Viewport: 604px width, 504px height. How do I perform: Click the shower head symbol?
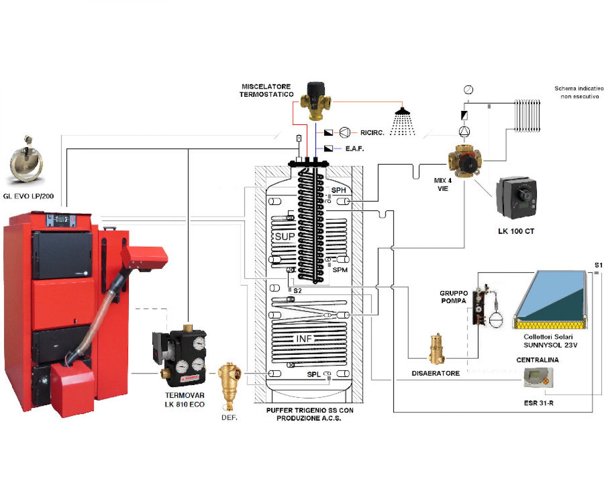pos(402,121)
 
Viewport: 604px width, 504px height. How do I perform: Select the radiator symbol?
pos(527,116)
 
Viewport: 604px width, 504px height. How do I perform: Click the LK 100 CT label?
pos(516,231)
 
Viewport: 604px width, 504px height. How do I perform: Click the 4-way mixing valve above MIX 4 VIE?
pos(465,160)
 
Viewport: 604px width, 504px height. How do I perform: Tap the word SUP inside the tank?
pos(285,237)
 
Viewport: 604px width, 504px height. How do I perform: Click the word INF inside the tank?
pos(304,339)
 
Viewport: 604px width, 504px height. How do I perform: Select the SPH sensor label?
pos(338,190)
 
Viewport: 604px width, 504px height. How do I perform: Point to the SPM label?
pos(340,270)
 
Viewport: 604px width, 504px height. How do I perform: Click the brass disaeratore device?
pos(436,349)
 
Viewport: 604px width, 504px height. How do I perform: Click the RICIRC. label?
pos(372,133)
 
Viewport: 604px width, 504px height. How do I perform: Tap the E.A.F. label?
pos(354,149)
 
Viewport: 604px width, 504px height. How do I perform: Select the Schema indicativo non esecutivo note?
pos(579,92)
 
